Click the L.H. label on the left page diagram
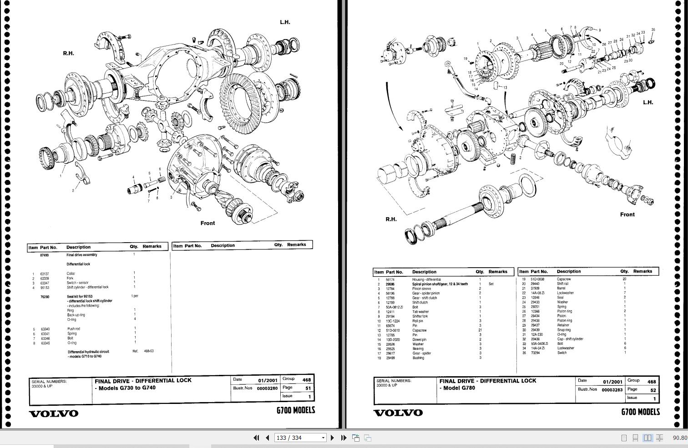click(285, 22)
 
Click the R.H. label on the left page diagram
click(68, 53)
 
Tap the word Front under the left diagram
click(207, 223)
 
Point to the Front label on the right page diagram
click(627, 214)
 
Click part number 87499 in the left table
click(44, 255)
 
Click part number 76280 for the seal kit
click(45, 297)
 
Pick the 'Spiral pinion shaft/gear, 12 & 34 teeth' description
click(440, 284)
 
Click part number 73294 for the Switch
click(535, 353)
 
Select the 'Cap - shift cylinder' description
click(570, 339)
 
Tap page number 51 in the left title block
click(308, 388)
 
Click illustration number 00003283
click(612, 390)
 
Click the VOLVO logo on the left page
click(54, 413)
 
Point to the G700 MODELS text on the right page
click(640, 412)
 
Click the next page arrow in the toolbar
click(332, 438)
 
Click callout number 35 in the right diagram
click(653, 30)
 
